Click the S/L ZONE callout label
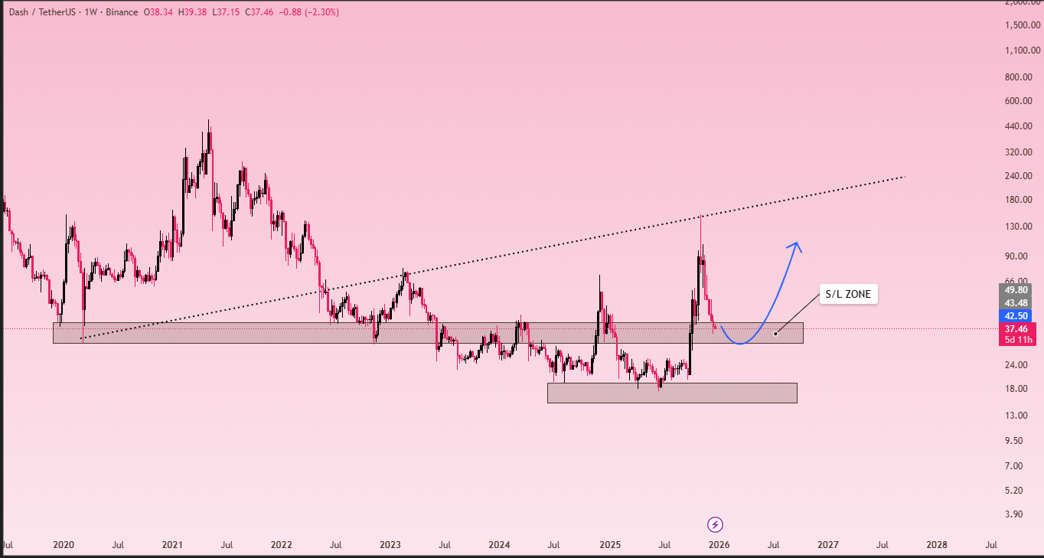click(x=848, y=294)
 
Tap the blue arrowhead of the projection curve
click(x=796, y=246)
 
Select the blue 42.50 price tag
click(x=1016, y=315)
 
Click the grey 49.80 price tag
click(x=1016, y=290)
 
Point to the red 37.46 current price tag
click(x=1016, y=328)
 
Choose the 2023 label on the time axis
click(x=390, y=545)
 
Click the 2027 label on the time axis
click(x=827, y=545)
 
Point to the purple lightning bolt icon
click(x=716, y=524)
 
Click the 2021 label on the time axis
click(x=172, y=545)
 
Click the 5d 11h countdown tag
click(x=1016, y=340)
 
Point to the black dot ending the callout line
click(x=775, y=333)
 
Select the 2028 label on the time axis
click(x=937, y=545)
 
